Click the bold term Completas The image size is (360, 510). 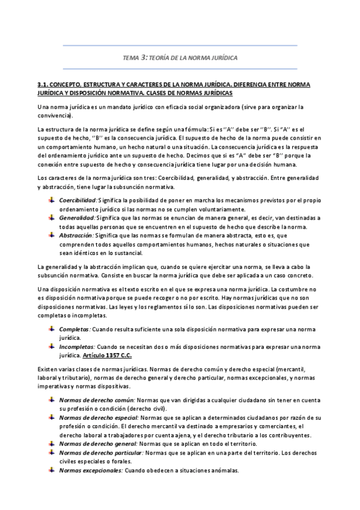(74, 329)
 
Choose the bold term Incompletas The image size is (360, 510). (77, 347)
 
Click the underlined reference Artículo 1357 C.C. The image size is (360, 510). (111, 355)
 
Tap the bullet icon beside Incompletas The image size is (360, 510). (52, 347)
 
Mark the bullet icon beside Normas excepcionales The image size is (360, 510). (52, 470)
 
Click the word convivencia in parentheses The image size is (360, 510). (53, 115)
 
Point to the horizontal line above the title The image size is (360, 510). (180, 46)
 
